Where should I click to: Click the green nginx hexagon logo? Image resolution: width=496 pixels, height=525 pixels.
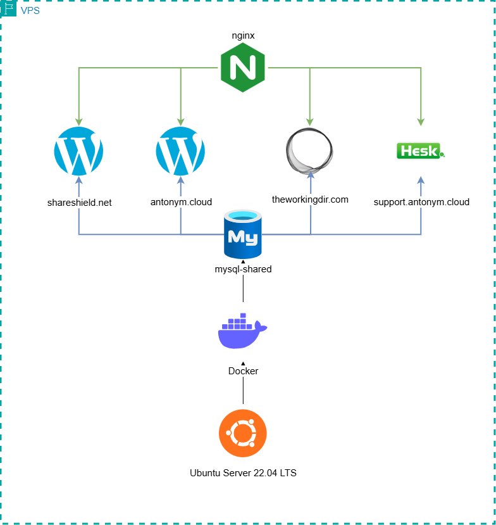[243, 70]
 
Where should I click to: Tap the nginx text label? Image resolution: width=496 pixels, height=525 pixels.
[243, 35]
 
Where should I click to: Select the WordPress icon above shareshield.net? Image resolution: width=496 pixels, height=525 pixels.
[79, 151]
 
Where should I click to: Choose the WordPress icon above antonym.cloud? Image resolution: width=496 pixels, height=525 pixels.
[180, 151]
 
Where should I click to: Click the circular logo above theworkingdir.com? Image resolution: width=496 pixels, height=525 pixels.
[309, 151]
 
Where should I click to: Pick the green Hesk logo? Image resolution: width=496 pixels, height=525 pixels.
[420, 151]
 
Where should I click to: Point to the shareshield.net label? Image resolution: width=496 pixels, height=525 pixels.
[79, 203]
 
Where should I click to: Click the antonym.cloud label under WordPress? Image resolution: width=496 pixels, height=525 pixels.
[180, 203]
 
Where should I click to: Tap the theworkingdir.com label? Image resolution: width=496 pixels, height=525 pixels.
[310, 199]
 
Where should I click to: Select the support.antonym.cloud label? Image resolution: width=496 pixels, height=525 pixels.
[421, 203]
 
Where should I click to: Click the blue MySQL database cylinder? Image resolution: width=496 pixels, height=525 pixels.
[243, 236]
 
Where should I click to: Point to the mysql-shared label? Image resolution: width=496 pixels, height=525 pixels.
[243, 269]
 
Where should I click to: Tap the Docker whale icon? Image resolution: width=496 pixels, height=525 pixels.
[242, 331]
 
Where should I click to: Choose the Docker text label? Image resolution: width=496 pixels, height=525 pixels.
[243, 371]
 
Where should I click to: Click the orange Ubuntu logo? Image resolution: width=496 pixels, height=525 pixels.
[243, 433]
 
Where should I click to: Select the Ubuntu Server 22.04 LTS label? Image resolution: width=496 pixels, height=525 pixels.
[243, 472]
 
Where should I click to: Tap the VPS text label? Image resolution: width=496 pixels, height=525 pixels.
[30, 10]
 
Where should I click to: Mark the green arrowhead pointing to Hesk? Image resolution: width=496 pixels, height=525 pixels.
[420, 122]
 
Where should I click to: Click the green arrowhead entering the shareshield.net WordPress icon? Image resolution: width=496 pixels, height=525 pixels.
[79, 122]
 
